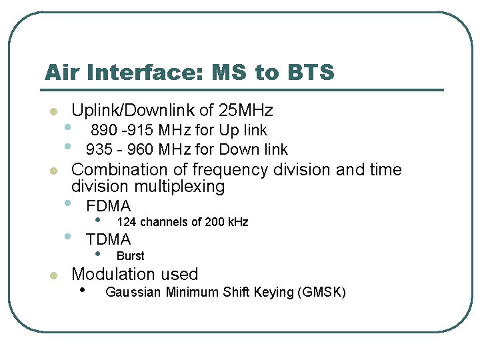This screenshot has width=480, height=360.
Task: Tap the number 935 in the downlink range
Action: pyautogui.click(x=99, y=149)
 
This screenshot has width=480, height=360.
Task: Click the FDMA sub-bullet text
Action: pyautogui.click(x=109, y=206)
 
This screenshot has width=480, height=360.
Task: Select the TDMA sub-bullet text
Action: pyautogui.click(x=109, y=239)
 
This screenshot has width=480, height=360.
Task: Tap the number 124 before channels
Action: pyautogui.click(x=125, y=222)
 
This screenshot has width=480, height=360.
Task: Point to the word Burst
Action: pyautogui.click(x=130, y=256)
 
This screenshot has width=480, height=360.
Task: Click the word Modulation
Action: pyautogui.click(x=111, y=274)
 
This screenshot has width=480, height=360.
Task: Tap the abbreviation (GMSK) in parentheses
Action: pyautogui.click(x=323, y=292)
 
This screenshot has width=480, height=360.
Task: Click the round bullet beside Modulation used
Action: pyautogui.click(x=53, y=275)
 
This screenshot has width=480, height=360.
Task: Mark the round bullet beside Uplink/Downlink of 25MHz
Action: pyautogui.click(x=53, y=111)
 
